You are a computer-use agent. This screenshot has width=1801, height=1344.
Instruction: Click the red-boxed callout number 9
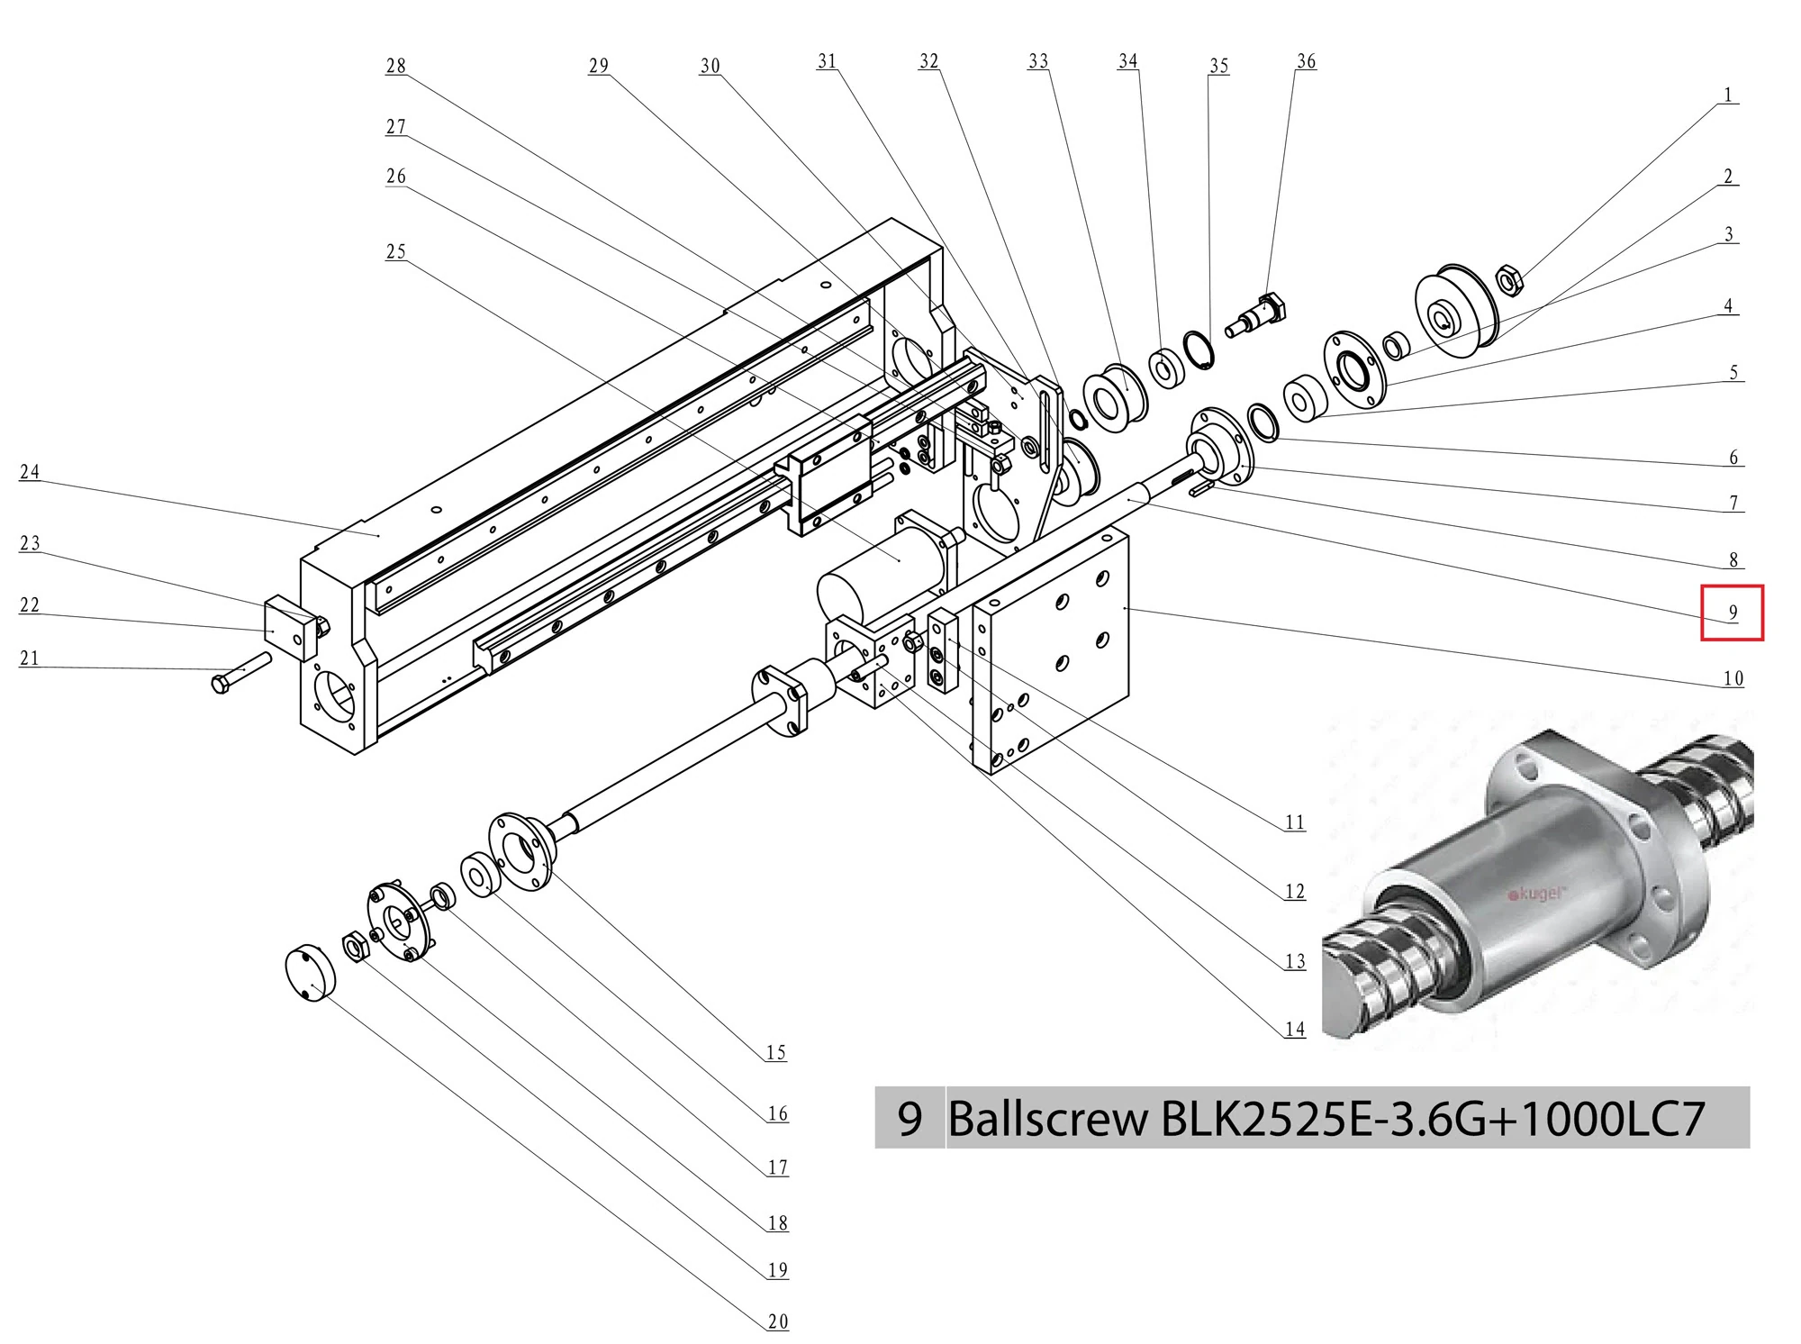click(1732, 613)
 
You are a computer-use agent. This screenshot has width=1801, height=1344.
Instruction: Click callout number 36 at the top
click(1306, 61)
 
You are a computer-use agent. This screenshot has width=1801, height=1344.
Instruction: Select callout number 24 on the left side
click(30, 472)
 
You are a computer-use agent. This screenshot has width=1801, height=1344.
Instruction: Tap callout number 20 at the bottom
click(778, 1321)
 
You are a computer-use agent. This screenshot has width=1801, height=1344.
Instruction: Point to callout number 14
click(1295, 1029)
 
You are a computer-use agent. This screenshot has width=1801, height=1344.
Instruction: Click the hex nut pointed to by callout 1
click(1509, 281)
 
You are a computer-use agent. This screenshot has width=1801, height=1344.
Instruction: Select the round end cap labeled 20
click(310, 974)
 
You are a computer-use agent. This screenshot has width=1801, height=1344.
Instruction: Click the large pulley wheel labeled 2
click(1456, 312)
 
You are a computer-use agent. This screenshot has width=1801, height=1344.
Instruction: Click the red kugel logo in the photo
click(1537, 894)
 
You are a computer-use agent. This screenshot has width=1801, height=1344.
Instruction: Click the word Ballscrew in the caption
click(1048, 1120)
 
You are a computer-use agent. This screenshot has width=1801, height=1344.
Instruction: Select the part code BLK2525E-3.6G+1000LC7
click(1432, 1120)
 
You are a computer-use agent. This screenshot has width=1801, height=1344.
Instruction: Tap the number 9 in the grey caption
click(910, 1120)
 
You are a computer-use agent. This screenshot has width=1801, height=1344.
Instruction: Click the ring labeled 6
click(1263, 423)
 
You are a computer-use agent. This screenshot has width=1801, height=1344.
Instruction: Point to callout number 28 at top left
click(395, 66)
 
